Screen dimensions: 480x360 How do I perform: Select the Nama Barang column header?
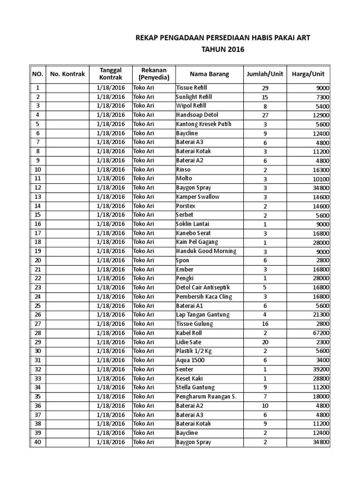[209, 74]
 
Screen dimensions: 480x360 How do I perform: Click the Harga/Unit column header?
[308, 74]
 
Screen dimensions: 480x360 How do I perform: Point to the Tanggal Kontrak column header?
[111, 74]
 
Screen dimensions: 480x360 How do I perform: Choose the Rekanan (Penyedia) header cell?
[154, 74]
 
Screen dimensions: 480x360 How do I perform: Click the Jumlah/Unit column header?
[265, 74]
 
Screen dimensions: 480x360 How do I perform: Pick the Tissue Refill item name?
[191, 88]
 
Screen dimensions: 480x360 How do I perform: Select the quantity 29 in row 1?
[265, 88]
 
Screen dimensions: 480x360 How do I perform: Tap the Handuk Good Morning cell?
[206, 251]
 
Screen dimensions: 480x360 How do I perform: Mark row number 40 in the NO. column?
[37, 442]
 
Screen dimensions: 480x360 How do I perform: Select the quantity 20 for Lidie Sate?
[265, 342]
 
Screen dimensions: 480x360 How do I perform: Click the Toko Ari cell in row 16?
[143, 224]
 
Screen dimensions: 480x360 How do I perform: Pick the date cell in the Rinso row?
[111, 170]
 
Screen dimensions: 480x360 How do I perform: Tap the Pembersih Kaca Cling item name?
[204, 297]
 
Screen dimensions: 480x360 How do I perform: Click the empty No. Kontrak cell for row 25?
[67, 306]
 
